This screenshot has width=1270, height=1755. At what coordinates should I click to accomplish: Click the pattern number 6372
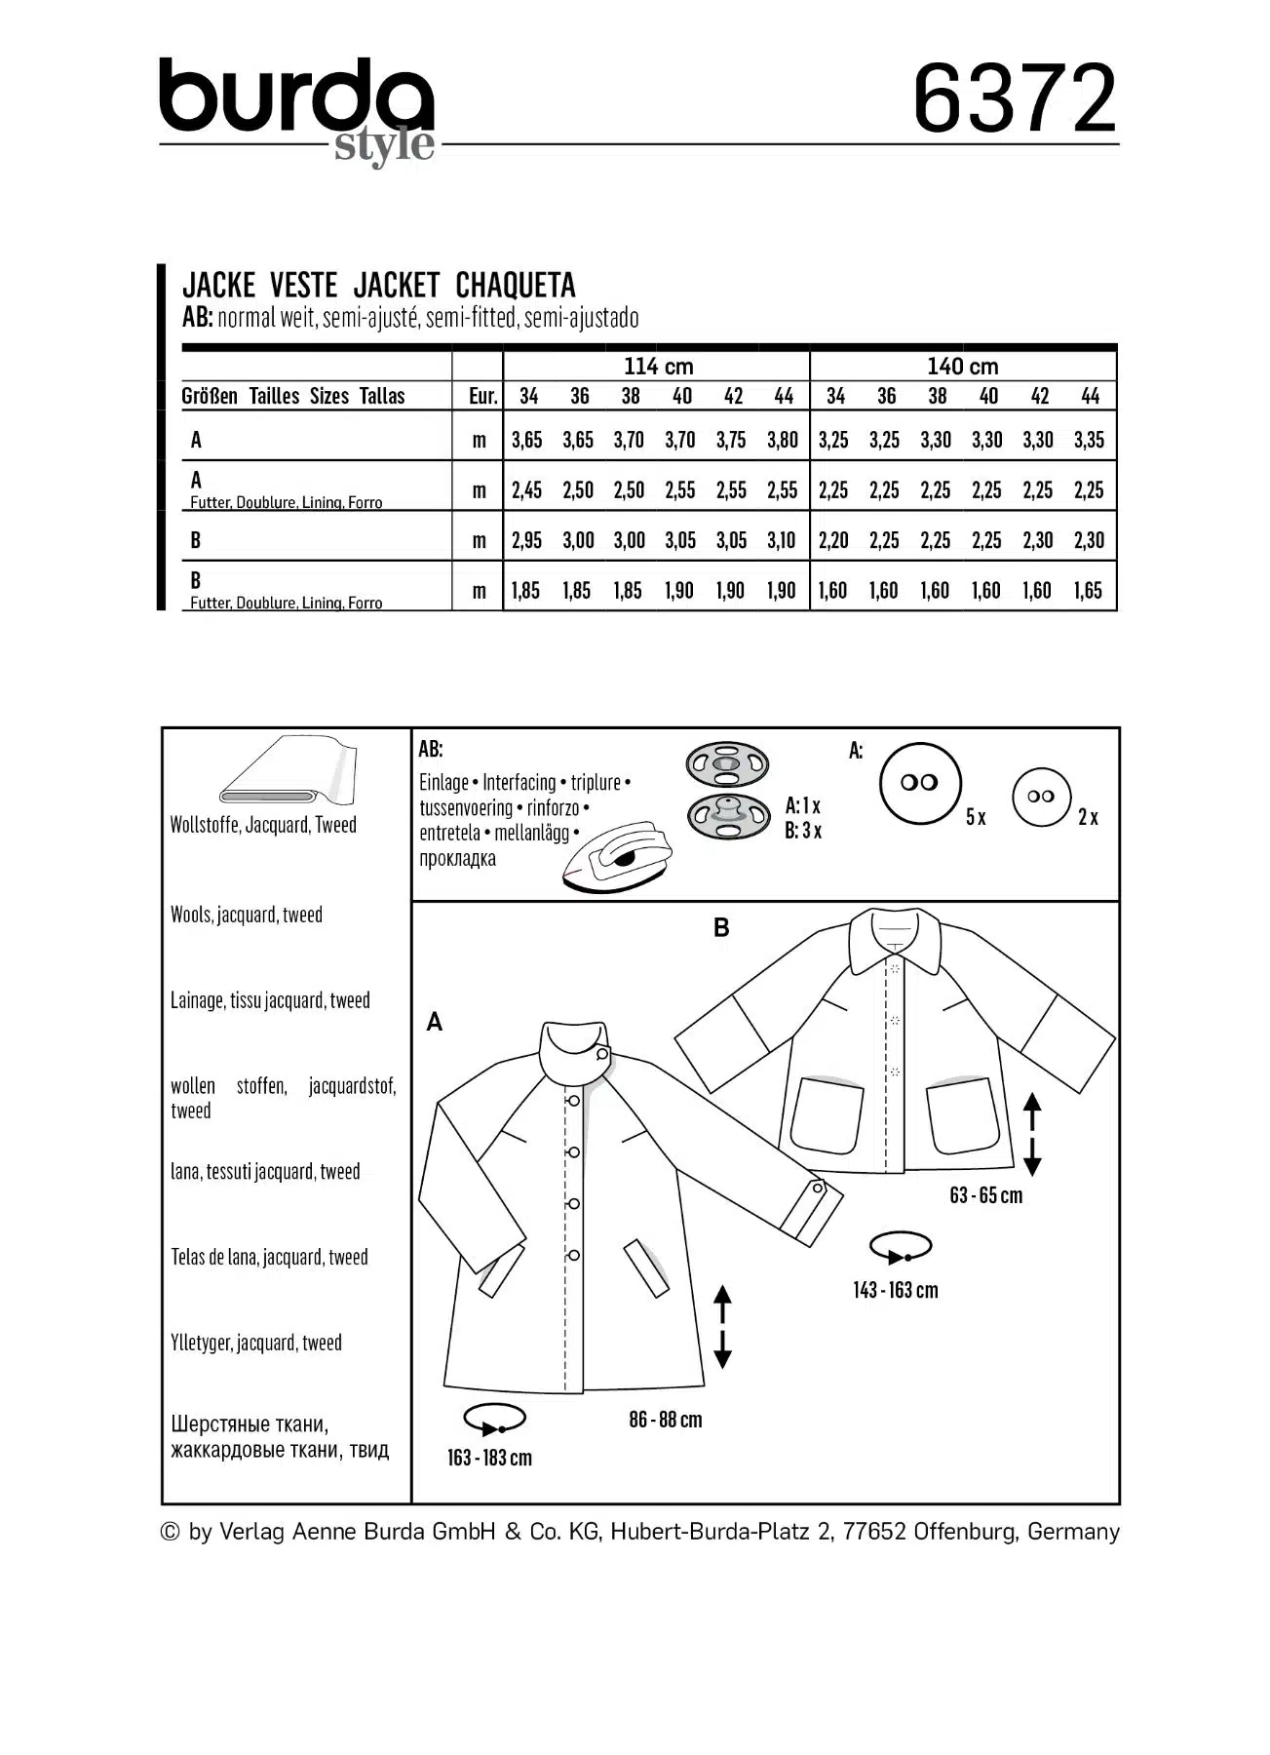point(1015,99)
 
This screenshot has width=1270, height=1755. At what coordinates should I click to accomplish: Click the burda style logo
point(297,107)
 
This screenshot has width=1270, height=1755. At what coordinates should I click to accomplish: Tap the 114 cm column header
point(658,367)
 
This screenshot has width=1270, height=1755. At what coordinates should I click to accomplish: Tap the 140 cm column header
point(962,367)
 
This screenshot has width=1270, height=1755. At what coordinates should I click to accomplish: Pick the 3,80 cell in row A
point(783,440)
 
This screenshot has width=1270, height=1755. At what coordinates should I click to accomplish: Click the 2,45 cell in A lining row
point(526,490)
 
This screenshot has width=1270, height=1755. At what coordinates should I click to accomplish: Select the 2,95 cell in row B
point(526,540)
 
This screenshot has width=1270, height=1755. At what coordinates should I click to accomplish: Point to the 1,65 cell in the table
point(1089,591)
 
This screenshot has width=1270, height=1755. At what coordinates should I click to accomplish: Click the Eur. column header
point(482,396)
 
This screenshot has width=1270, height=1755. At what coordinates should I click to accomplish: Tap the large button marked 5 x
point(920,783)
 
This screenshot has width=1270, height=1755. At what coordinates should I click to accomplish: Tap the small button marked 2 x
point(1041,797)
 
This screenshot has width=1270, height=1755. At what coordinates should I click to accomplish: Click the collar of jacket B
point(895,938)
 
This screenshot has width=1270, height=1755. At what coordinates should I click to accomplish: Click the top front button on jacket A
point(574,1101)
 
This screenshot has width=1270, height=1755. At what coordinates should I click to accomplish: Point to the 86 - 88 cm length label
point(666,1420)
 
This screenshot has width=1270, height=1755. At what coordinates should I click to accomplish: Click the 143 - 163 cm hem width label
point(895,1290)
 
